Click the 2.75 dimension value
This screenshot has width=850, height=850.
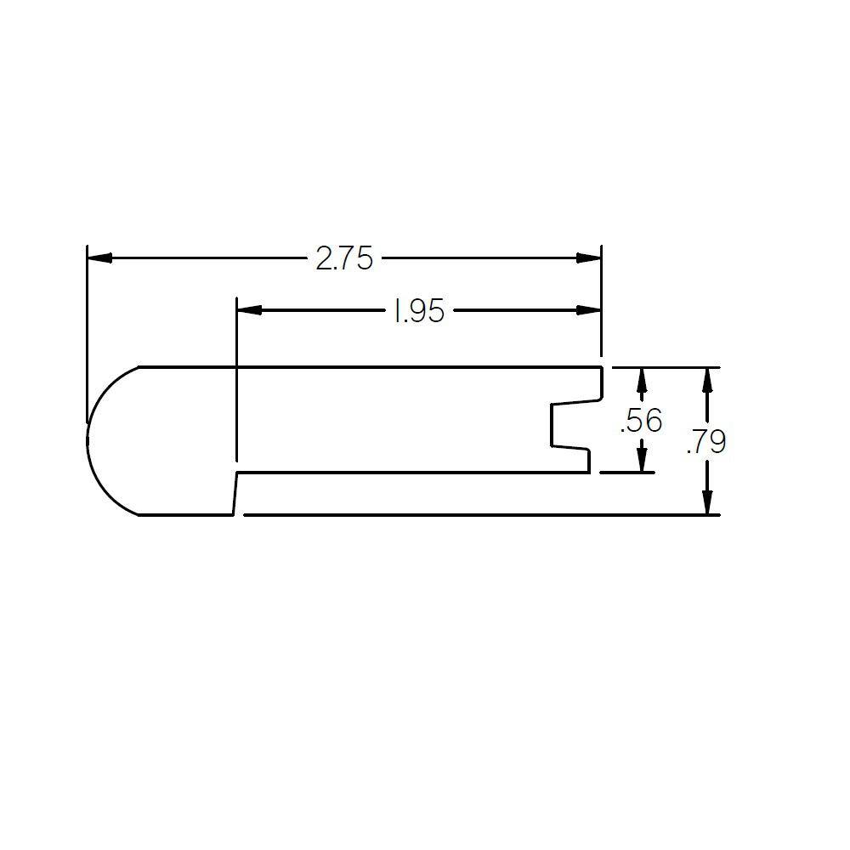tap(344, 258)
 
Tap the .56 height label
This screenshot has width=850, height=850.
tap(641, 421)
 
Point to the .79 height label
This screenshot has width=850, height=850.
tap(706, 442)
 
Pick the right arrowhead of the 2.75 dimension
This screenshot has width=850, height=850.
tap(589, 258)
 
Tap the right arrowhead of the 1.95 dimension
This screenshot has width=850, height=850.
tap(589, 310)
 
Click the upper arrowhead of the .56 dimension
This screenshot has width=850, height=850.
tap(641, 379)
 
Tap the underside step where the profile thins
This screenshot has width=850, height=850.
tap(235, 493)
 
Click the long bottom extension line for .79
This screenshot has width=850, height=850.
tap(476, 514)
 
